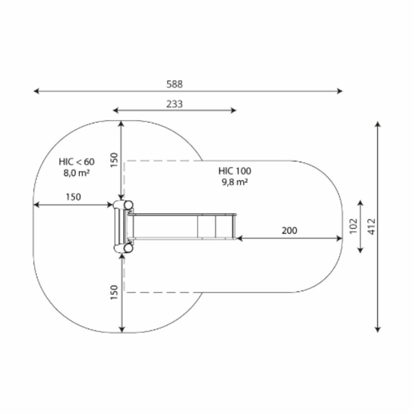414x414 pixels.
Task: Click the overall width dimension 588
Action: tap(174, 84)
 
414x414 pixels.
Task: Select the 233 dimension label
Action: tap(174, 104)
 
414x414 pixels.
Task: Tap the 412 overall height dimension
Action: tap(372, 226)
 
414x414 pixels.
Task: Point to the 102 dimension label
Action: tap(353, 226)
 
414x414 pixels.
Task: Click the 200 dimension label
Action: tap(289, 230)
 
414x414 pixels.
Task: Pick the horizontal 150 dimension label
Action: tap(73, 197)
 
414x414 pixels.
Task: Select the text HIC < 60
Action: tap(76, 161)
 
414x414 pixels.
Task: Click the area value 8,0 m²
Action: tap(76, 173)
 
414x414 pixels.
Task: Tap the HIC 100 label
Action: tap(235, 171)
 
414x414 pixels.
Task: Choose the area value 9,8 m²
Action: tap(235, 182)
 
